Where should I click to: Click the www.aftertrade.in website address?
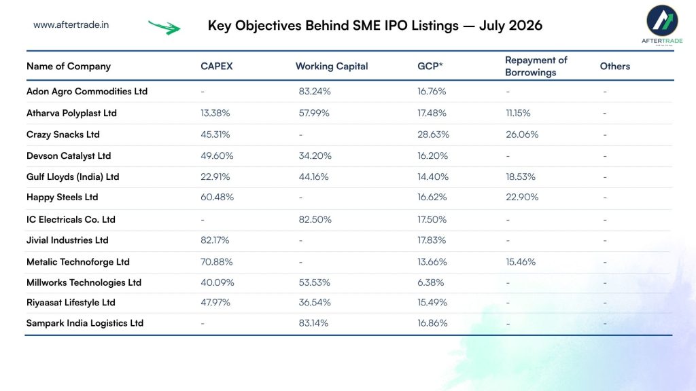tap(71, 25)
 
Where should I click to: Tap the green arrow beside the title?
tap(164, 27)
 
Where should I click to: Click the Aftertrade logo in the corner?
tap(662, 25)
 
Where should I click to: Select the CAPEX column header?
tap(217, 66)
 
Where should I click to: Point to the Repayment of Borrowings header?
tap(536, 66)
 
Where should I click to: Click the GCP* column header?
tap(430, 66)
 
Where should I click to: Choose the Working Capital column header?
tap(332, 66)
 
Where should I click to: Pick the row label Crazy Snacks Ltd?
tap(63, 134)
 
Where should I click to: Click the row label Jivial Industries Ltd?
tap(67, 240)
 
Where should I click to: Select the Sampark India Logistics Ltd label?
tap(85, 323)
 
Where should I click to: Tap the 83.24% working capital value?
tap(315, 92)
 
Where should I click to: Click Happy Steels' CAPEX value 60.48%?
tap(217, 198)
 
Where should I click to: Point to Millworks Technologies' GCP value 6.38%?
tap(430, 282)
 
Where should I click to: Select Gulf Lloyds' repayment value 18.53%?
tap(521, 177)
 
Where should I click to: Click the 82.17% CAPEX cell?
tap(215, 240)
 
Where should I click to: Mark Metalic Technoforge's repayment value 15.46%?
tap(521, 262)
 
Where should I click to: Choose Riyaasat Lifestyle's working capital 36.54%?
tap(315, 302)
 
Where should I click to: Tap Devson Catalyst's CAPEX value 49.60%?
tap(217, 155)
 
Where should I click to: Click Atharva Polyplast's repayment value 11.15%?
tap(518, 113)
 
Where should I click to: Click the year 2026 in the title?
tap(526, 25)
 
